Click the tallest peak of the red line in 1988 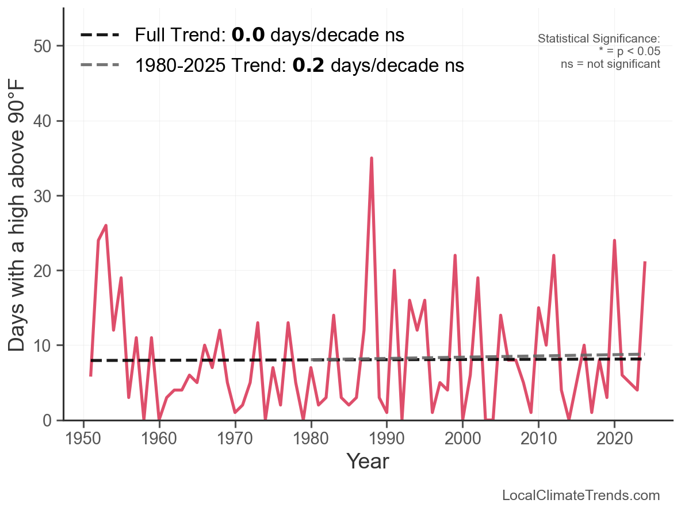[372, 158]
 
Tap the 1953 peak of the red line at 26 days [106, 226]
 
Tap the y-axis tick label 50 [44, 47]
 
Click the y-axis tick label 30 [44, 196]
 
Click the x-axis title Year [368, 462]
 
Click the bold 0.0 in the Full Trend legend [248, 36]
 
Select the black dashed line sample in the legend [100, 36]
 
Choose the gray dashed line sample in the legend [100, 65]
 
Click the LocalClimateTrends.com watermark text [581, 495]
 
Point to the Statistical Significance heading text [599, 39]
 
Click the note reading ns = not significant [610, 64]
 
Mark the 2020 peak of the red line [614, 241]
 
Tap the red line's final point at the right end [645, 263]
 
